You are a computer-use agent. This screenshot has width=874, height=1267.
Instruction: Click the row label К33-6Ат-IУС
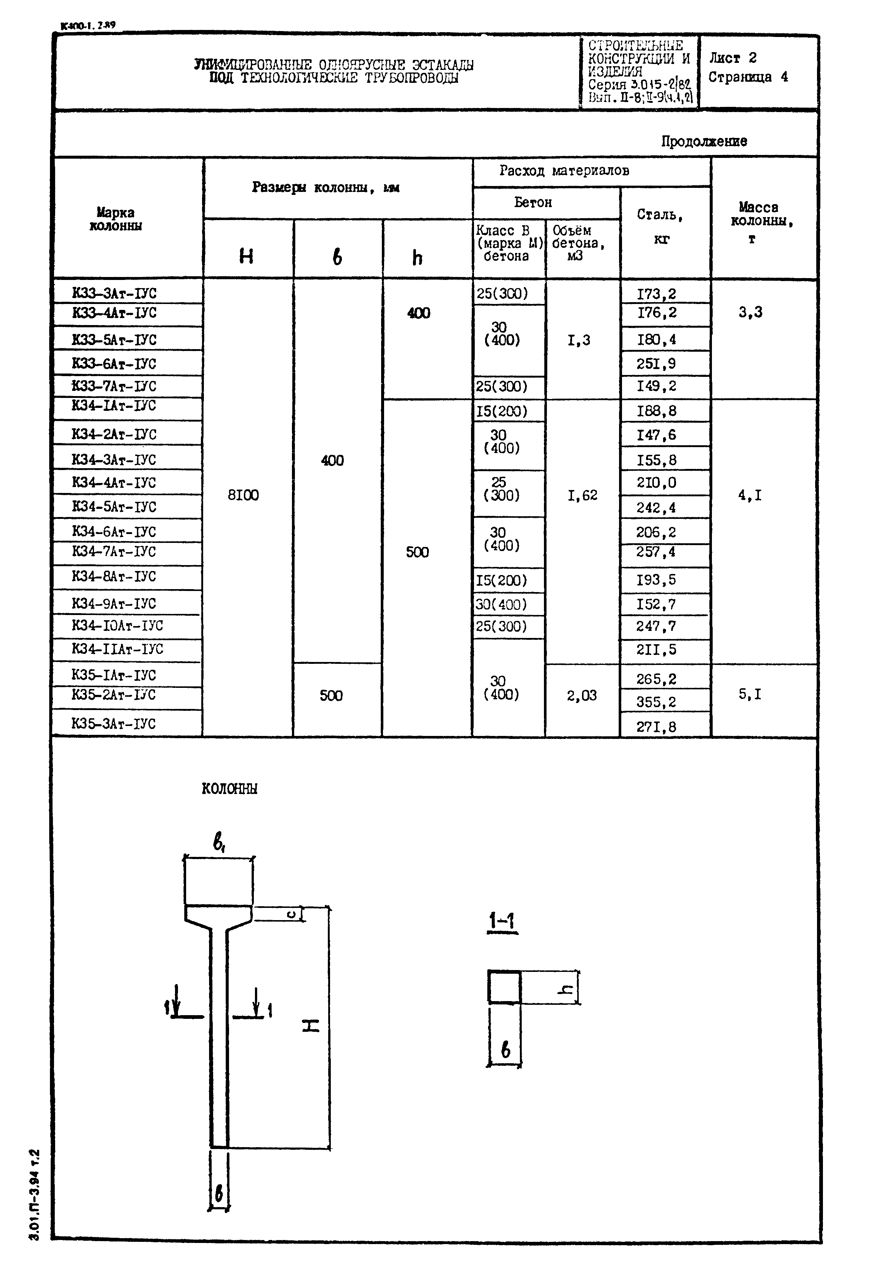[x=114, y=364]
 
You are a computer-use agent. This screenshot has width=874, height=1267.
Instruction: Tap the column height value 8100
[x=243, y=495]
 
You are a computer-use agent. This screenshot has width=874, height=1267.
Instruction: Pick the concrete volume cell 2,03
[x=582, y=696]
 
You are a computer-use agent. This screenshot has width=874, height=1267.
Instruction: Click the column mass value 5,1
[x=750, y=695]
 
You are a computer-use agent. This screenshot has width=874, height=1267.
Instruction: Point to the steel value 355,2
[x=656, y=702]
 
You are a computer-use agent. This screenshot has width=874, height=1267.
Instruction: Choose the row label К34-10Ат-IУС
[x=117, y=626]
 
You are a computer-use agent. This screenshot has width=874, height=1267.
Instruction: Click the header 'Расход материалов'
[x=564, y=171]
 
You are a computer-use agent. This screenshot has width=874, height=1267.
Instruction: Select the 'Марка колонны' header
[x=115, y=219]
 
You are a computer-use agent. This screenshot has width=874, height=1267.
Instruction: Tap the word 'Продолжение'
[x=704, y=141]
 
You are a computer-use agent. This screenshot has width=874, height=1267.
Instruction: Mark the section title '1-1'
[x=502, y=921]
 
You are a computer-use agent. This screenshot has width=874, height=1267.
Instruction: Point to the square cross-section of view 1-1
[x=504, y=987]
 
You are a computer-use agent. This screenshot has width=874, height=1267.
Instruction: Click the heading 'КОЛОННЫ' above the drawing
[x=229, y=789]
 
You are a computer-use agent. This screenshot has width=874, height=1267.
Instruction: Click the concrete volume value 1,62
[x=582, y=495]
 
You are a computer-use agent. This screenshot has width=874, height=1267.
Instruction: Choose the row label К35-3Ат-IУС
[x=113, y=723]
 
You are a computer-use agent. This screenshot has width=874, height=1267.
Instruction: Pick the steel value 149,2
[x=656, y=386]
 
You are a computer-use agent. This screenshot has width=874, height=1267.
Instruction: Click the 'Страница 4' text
[x=748, y=77]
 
